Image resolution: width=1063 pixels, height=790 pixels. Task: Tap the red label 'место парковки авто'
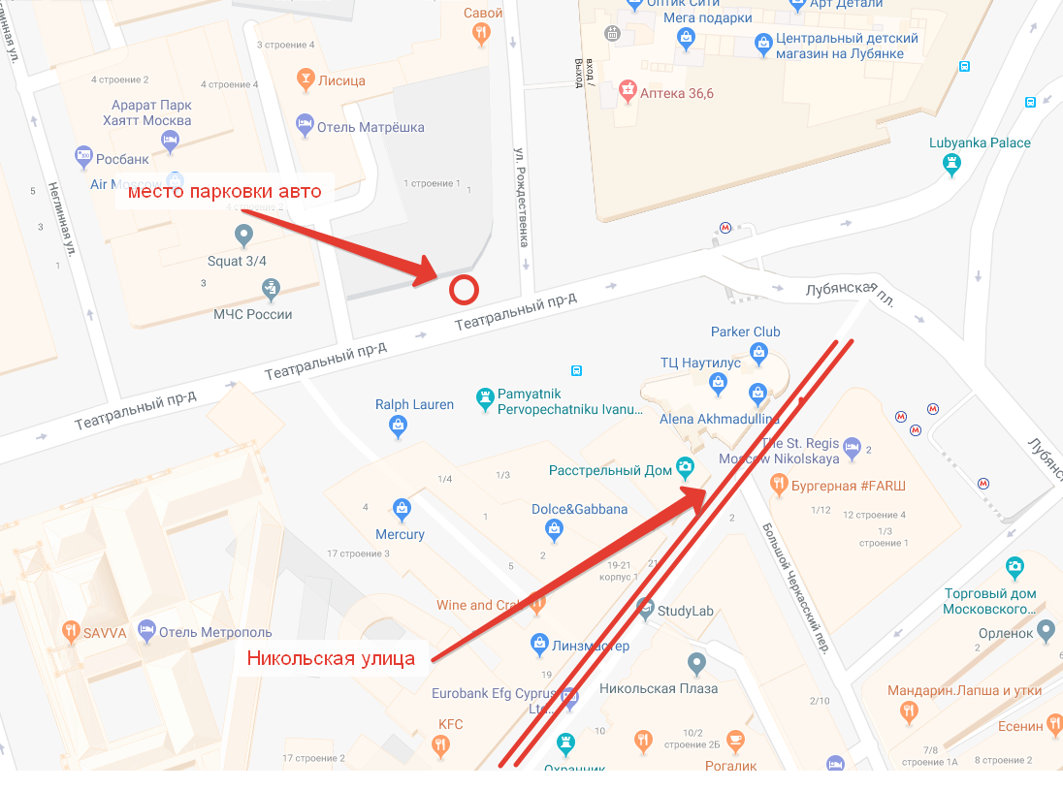224,191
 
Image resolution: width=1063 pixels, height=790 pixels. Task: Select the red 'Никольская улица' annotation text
331,659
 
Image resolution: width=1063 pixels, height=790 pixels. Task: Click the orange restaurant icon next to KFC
440,744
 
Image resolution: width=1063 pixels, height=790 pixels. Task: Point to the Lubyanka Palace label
980,142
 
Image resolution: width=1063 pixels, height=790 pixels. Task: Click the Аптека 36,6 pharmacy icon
628,92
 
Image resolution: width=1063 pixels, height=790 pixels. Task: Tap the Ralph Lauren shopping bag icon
398,424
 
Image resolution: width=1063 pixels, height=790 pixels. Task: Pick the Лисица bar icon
305,79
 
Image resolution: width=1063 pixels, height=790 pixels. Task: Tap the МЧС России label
253,314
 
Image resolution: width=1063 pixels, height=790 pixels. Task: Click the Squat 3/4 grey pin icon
244,235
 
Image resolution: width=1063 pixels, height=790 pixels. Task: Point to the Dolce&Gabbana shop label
579,509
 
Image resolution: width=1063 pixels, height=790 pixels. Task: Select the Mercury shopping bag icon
402,507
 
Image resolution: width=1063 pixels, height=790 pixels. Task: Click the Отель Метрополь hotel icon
146,632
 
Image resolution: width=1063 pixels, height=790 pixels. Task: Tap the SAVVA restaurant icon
70,632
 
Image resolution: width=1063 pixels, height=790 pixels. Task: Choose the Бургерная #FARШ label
849,484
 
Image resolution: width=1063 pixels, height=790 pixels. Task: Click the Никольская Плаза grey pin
695,664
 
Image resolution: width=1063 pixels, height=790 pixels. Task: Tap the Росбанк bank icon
83,156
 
